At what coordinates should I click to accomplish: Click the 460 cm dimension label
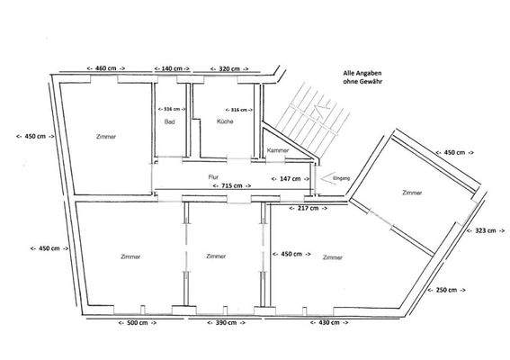click(105, 68)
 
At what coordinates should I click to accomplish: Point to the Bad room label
click(168, 121)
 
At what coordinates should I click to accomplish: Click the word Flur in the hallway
click(213, 176)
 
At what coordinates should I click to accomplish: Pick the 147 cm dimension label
click(291, 179)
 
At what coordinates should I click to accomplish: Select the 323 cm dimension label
click(486, 230)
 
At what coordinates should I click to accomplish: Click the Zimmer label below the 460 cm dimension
click(105, 136)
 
